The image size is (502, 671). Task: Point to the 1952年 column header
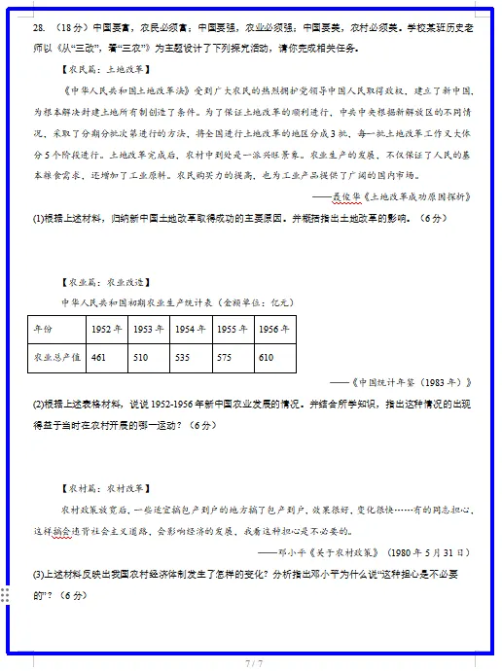[107, 330]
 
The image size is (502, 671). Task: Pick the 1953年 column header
[149, 330]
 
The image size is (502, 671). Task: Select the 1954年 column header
[191, 330]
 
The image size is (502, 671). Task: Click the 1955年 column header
[233, 330]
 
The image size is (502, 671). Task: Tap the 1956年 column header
[274, 330]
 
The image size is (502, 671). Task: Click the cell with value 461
[98, 358]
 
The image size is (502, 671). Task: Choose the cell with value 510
[140, 358]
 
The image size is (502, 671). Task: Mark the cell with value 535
[182, 358]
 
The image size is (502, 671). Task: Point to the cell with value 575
[224, 358]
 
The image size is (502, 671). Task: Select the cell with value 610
[266, 358]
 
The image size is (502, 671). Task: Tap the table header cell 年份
[44, 330]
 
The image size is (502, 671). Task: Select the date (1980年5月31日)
[430, 551]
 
